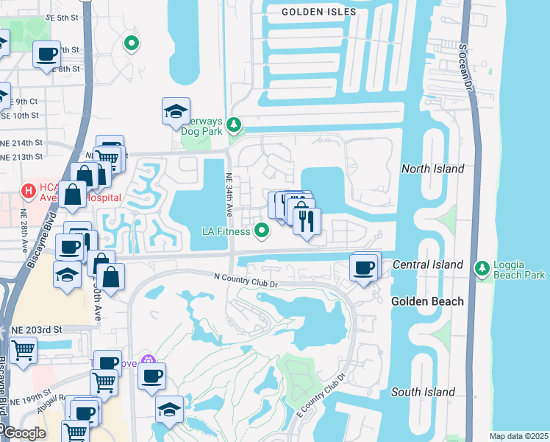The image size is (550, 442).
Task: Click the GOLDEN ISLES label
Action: pos(319,12)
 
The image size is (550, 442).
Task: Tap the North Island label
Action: pos(432,169)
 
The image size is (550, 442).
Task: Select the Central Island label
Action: pos(428,264)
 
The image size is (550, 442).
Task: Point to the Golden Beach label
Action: pos(427,301)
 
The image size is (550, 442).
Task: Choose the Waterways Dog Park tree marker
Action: pos(234,125)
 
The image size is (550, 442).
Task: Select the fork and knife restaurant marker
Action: pos(307,220)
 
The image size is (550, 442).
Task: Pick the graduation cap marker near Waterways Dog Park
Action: pos(176,111)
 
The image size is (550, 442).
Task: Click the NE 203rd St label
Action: pos(34,329)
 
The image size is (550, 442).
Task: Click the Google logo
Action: pos(25,433)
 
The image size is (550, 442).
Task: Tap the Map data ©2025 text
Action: pos(518,436)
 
